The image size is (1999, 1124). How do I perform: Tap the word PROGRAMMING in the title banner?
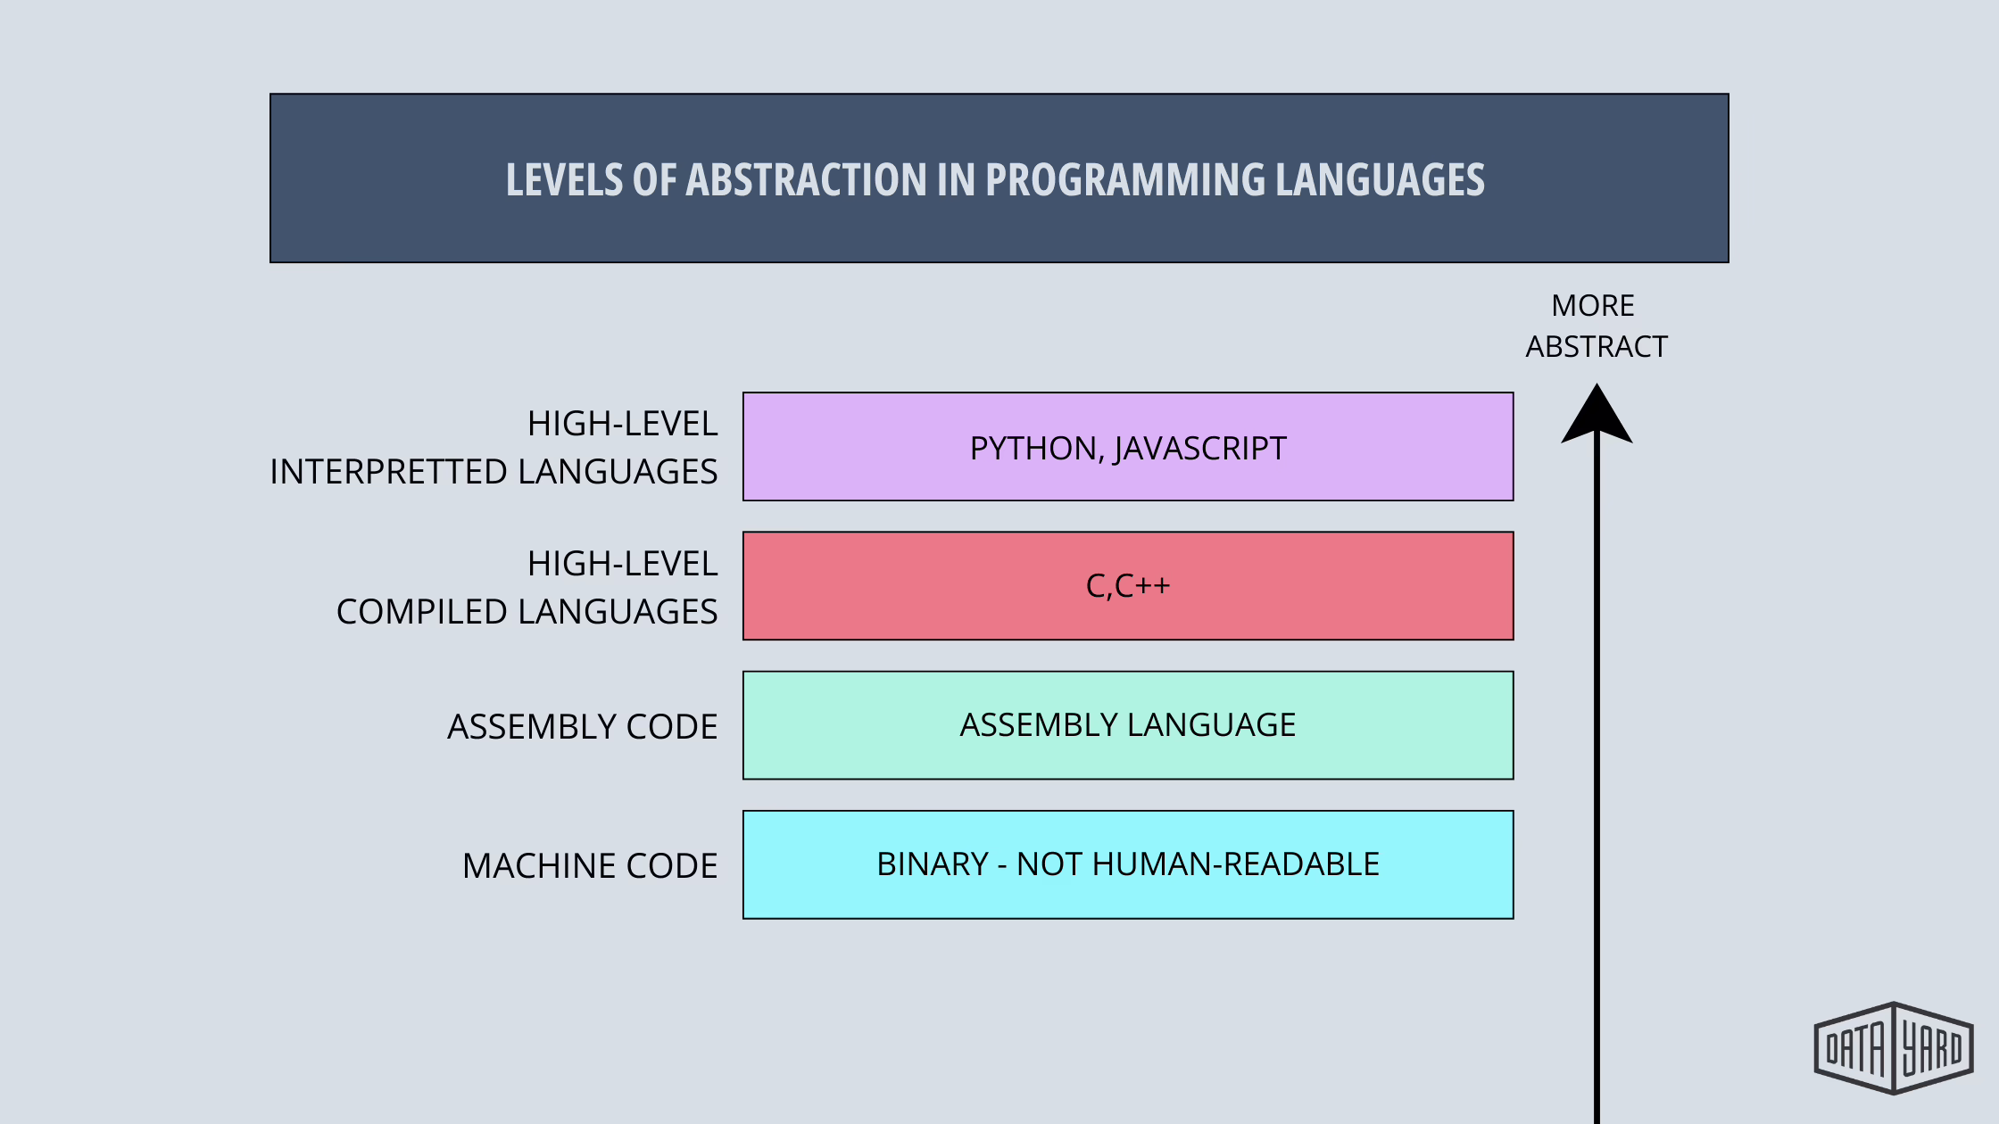tap(1124, 180)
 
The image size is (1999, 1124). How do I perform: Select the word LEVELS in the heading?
tap(564, 180)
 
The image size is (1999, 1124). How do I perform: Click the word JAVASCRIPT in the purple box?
tap(1200, 449)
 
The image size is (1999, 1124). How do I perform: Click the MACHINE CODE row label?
tap(590, 866)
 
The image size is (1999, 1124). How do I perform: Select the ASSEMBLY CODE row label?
tap(583, 727)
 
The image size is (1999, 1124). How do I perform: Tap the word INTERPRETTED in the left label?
tap(388, 472)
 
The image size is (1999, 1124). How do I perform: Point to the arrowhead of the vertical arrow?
tap(1597, 416)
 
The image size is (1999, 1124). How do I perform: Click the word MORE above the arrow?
tap(1593, 306)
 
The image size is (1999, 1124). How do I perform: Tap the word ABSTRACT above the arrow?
tap(1597, 347)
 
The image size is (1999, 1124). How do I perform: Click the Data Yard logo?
tap(1894, 1048)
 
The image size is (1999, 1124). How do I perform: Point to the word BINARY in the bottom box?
tap(932, 864)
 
